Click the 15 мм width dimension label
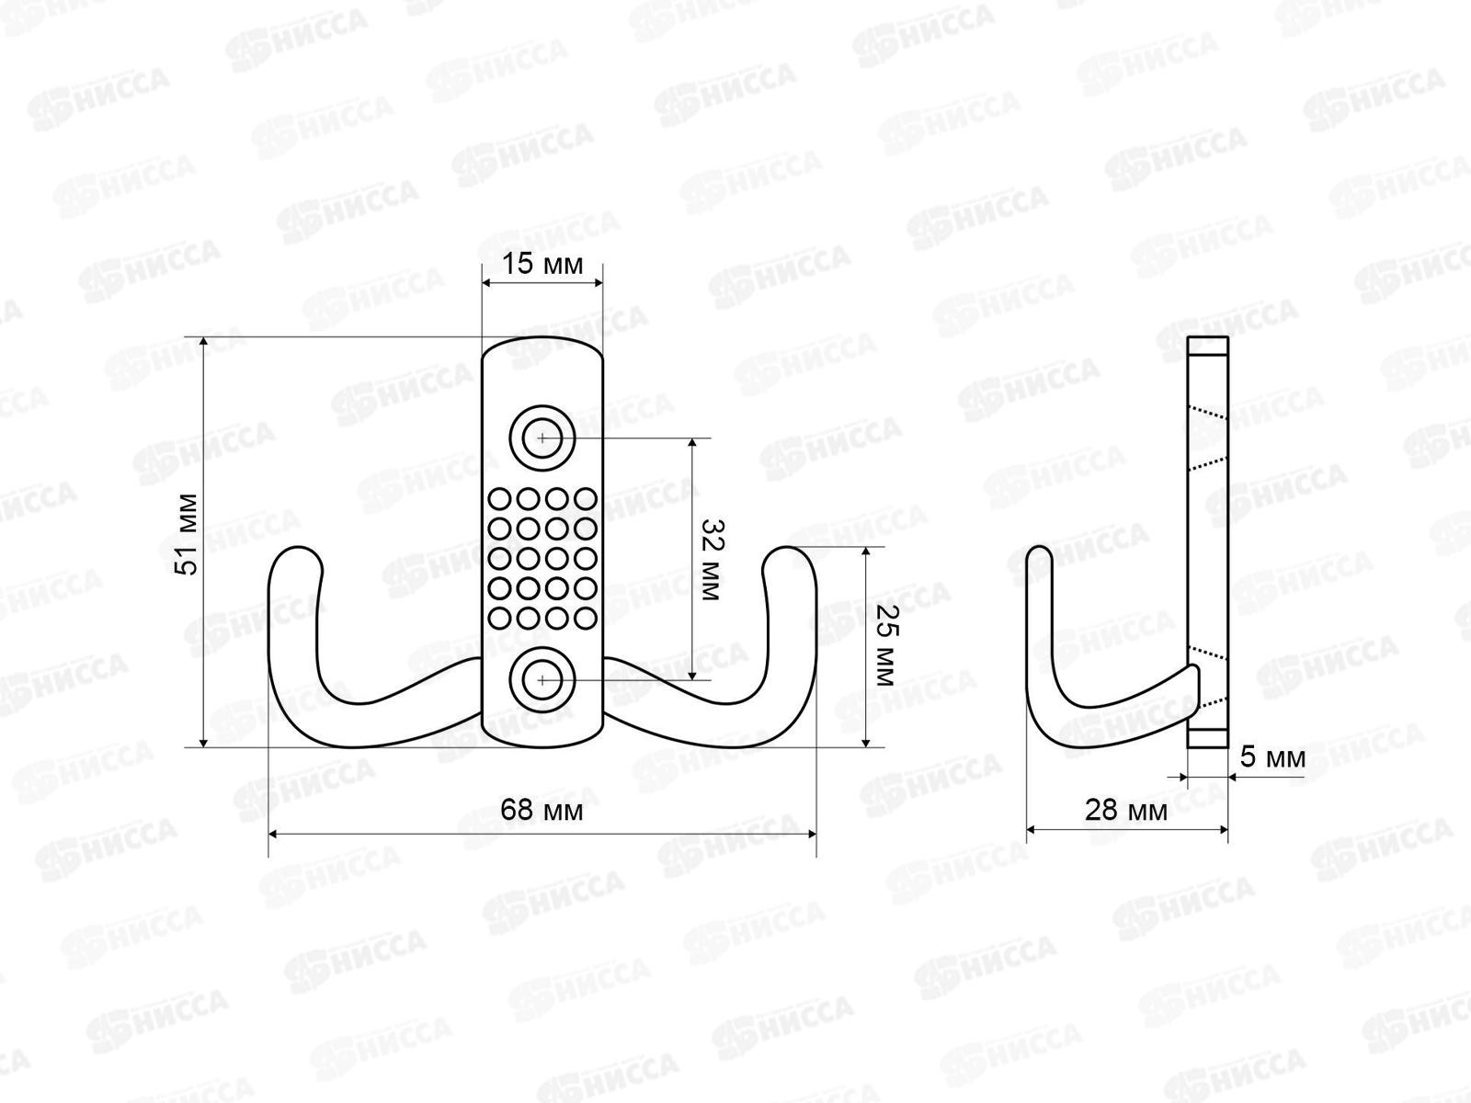[542, 265]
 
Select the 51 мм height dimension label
[187, 534]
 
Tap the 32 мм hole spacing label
[710, 561]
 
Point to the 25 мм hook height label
[885, 645]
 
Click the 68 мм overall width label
[542, 811]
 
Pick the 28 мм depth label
[1126, 811]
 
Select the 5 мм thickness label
[1272, 757]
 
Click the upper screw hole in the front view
[542, 438]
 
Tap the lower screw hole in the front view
[542, 680]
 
